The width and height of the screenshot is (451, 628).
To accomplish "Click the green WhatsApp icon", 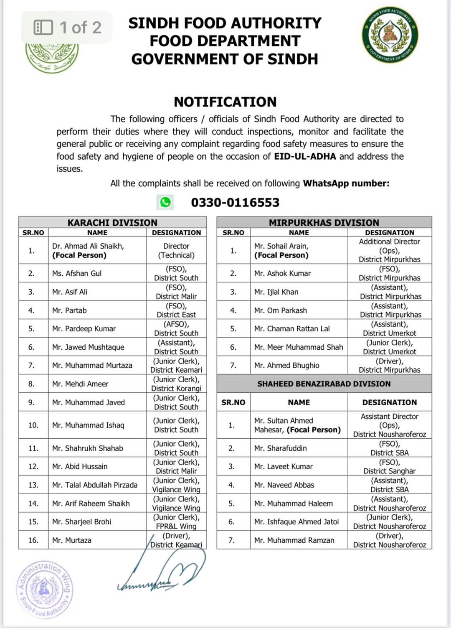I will point(165,202).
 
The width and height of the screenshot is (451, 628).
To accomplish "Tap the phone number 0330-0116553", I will point(235,203).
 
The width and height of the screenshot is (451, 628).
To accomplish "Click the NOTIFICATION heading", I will point(225,102).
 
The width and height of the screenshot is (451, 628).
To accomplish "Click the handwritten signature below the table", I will point(163,572).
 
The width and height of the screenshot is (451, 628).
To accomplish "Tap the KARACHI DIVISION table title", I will point(112,222).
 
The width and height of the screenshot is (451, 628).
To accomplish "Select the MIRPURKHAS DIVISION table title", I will point(324,222).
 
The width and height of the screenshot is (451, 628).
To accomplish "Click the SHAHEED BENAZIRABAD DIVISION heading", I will point(324,384).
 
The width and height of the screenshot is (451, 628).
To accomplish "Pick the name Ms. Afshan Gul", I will point(77,273).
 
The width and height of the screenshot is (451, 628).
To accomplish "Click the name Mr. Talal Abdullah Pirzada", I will point(95,485).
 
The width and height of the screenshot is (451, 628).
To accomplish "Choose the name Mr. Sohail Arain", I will point(281,246).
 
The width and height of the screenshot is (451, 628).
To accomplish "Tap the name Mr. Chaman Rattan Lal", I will point(292,328).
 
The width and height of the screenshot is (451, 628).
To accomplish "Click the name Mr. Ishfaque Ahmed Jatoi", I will point(296,521).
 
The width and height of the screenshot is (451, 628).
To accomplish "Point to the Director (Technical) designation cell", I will point(176,251).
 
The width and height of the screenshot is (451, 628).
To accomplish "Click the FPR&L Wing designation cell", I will point(176,522).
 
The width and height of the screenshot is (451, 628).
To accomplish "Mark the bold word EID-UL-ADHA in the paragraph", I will point(305,156).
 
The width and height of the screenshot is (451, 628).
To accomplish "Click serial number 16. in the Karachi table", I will point(33,540).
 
